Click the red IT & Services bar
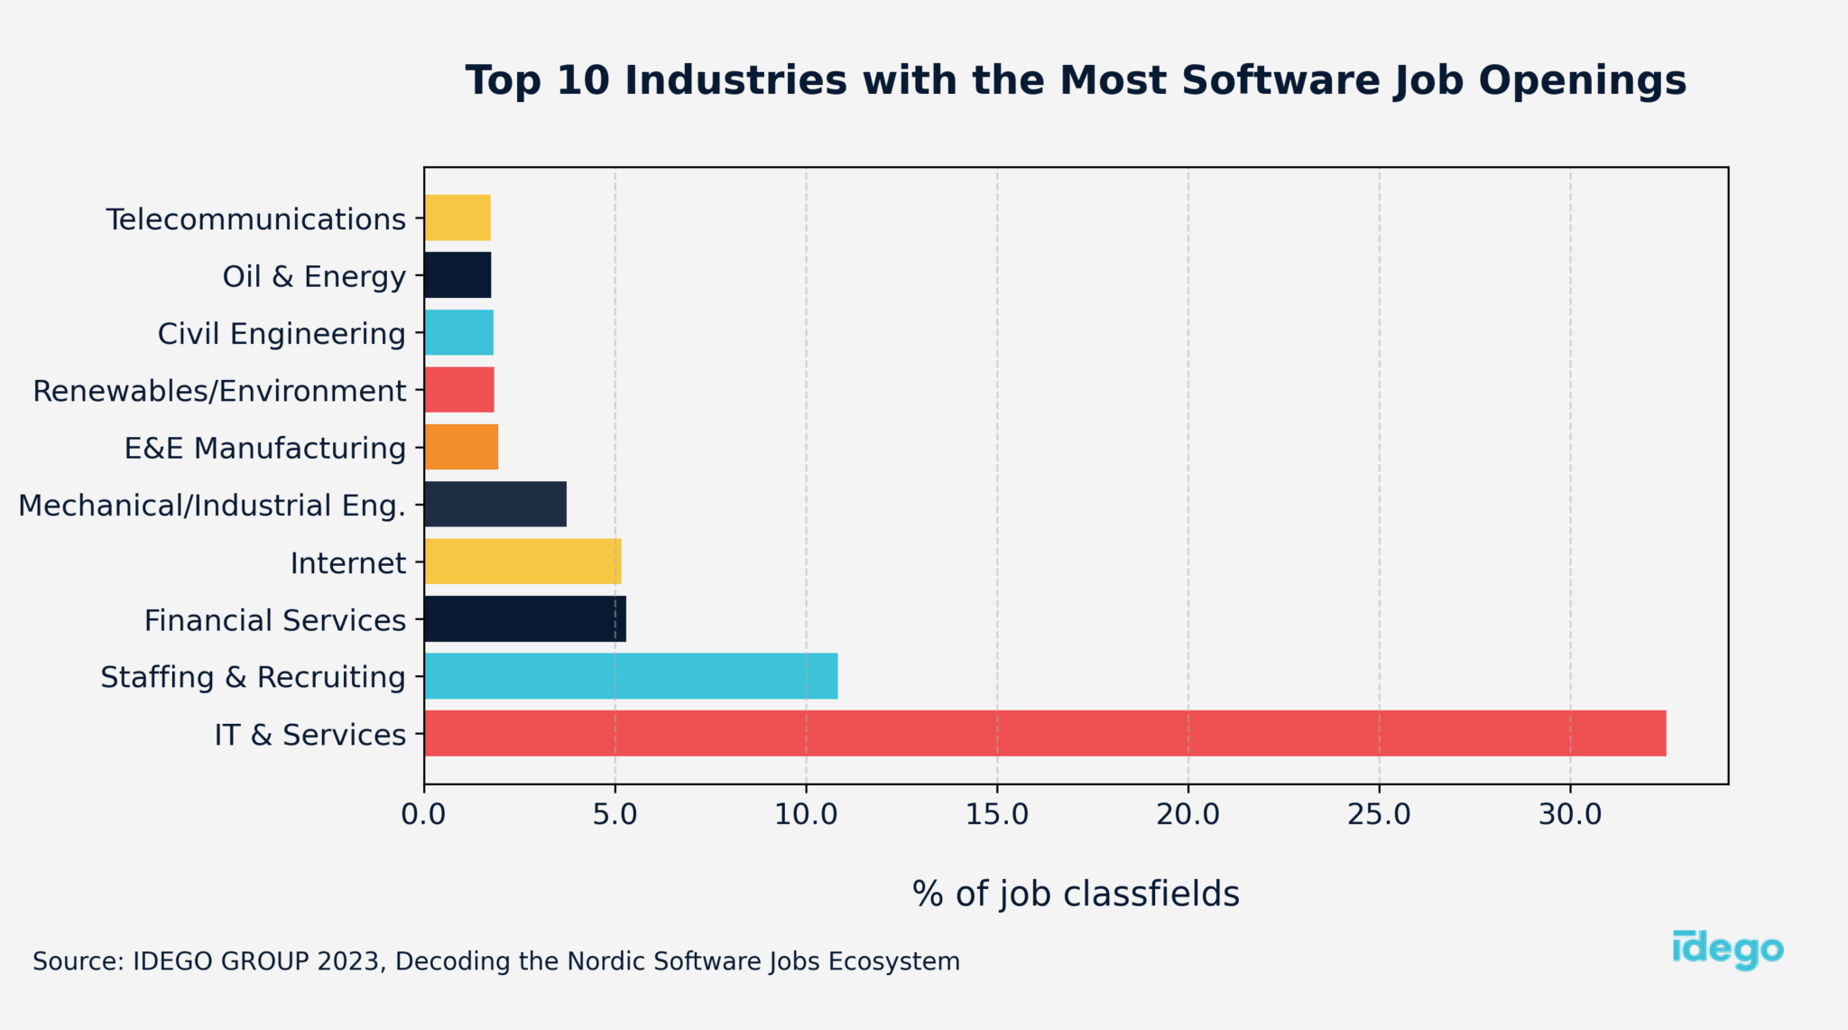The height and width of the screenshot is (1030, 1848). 1045,733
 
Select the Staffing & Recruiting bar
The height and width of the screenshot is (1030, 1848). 631,676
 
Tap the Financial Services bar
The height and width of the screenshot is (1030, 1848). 525,619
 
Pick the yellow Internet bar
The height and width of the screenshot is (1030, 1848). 522,561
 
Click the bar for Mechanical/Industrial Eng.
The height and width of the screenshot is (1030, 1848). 495,504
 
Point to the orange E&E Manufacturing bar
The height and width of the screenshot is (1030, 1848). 461,447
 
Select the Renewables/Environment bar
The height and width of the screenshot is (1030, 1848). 459,390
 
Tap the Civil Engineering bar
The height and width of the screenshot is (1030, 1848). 458,332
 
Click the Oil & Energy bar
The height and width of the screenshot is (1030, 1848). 457,275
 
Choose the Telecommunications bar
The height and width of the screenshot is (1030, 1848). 457,218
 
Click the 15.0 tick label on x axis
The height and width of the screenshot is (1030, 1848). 997,814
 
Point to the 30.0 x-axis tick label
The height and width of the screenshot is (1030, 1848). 1570,814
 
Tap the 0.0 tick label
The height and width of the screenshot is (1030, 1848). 424,814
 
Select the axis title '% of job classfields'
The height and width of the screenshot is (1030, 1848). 1076,894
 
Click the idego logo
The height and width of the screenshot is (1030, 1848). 1727,950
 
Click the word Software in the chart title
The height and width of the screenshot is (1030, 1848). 1280,80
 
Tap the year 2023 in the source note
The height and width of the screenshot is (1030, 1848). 347,961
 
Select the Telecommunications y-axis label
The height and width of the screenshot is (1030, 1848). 256,219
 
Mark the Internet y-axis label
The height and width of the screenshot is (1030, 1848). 348,563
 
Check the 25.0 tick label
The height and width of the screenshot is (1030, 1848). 1379,814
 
